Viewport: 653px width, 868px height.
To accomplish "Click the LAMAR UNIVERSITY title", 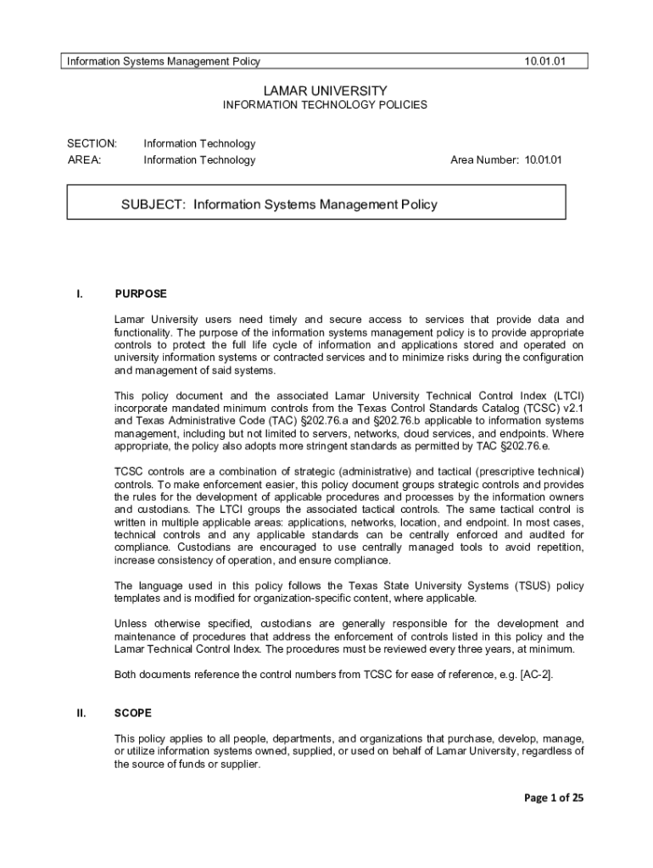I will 325,90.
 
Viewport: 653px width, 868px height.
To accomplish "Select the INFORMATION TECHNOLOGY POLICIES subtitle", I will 325,106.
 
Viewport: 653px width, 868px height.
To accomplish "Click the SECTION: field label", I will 92,143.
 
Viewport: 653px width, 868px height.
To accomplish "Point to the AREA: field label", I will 85,160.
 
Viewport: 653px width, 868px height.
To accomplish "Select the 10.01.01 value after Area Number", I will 543,160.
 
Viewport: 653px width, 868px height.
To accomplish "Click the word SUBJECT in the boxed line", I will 154,204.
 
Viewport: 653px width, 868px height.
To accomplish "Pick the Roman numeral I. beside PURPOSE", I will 79,294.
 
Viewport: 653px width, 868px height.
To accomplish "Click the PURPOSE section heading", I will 141,294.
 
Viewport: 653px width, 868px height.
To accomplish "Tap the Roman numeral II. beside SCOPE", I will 81,714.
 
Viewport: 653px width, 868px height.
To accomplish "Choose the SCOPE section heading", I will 133,714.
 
